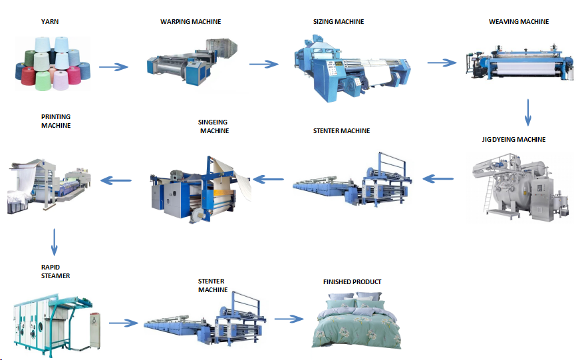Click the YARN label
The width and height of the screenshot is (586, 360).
(x=50, y=22)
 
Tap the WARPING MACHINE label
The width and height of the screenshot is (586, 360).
(x=191, y=22)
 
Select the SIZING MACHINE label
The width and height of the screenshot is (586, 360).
(x=339, y=22)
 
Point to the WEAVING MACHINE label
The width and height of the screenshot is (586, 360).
(x=519, y=22)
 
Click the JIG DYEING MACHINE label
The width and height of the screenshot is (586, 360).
(x=513, y=140)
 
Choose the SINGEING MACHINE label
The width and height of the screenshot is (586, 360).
(x=214, y=126)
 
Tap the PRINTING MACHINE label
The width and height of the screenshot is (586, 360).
(x=56, y=121)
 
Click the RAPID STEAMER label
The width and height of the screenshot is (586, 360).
(x=55, y=271)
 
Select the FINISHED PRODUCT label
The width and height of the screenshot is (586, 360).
(x=352, y=282)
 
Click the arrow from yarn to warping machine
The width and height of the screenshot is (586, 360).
(x=114, y=67)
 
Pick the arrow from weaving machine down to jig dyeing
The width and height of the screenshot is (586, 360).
(x=527, y=112)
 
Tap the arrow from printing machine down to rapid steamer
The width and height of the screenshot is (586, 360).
(x=54, y=242)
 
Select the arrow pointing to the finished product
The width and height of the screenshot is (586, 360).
(x=289, y=319)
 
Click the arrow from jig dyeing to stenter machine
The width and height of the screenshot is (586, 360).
(x=438, y=179)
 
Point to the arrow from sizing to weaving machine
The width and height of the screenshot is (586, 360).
(x=442, y=63)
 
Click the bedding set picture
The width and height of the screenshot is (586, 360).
(x=356, y=321)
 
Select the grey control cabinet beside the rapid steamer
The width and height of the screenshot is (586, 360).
(x=95, y=331)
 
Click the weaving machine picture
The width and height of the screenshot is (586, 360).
(x=520, y=63)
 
